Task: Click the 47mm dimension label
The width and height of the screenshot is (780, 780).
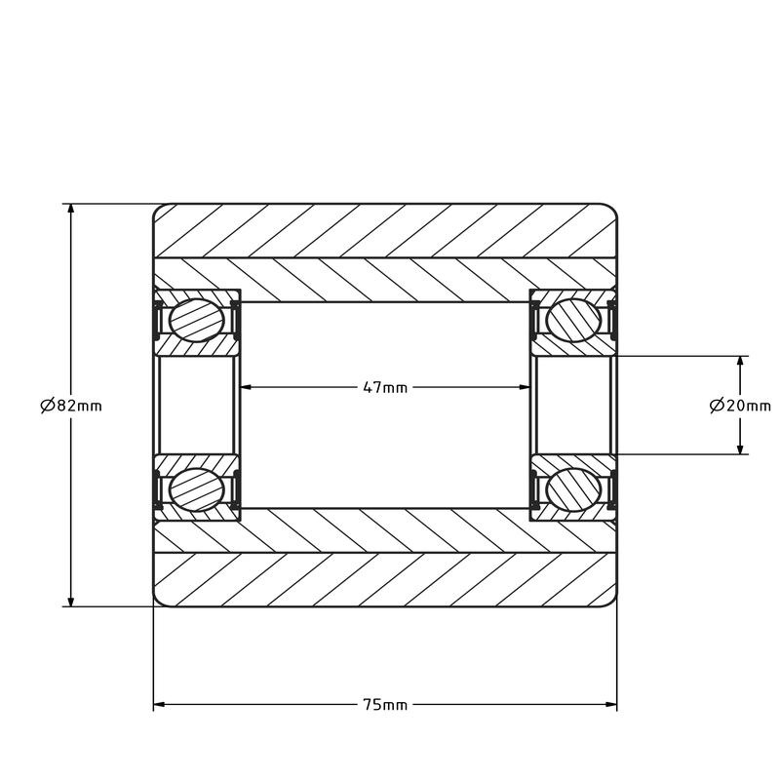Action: (385, 387)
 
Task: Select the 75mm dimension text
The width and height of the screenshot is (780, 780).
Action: (385, 704)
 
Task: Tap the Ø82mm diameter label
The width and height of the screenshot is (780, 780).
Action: (71, 406)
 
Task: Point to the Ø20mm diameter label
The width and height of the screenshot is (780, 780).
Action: (740, 406)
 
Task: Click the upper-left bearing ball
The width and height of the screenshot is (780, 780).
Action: (197, 321)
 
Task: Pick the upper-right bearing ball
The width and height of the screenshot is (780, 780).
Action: (573, 321)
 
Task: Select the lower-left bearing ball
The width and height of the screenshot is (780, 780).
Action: (197, 490)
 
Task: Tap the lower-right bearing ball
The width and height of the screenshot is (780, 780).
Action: (573, 490)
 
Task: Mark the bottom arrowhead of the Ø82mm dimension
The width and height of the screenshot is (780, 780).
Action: (71, 600)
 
